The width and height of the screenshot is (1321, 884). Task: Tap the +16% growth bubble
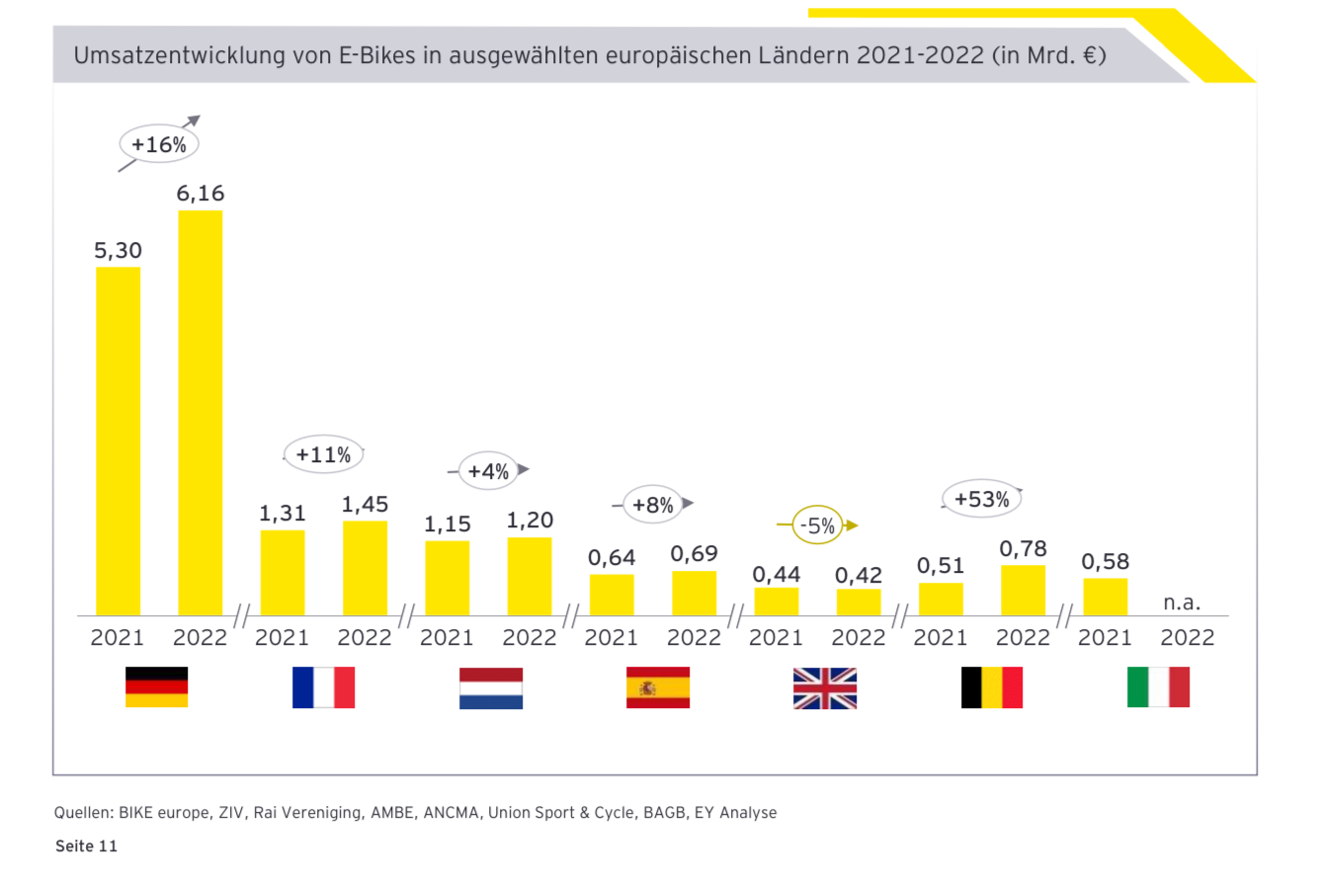(x=159, y=144)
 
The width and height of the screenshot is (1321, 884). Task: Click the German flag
(x=156, y=687)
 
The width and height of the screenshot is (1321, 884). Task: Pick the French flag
(x=323, y=687)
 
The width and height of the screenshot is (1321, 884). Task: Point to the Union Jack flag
(x=824, y=688)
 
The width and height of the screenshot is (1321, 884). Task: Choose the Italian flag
(x=1158, y=687)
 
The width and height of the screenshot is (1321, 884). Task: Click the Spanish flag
(x=657, y=687)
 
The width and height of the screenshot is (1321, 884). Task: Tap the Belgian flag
(x=991, y=687)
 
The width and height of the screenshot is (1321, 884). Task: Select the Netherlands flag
(x=490, y=688)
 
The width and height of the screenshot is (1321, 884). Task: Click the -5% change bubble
(x=817, y=526)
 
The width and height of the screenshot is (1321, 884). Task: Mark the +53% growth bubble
(x=981, y=499)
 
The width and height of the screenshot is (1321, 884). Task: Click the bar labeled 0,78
(x=1023, y=591)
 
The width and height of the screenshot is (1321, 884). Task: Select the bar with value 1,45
(x=365, y=568)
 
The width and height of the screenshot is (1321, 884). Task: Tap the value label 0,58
(x=1105, y=561)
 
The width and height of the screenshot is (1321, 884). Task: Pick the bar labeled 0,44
(x=776, y=602)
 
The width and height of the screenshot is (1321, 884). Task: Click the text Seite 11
(x=86, y=846)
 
